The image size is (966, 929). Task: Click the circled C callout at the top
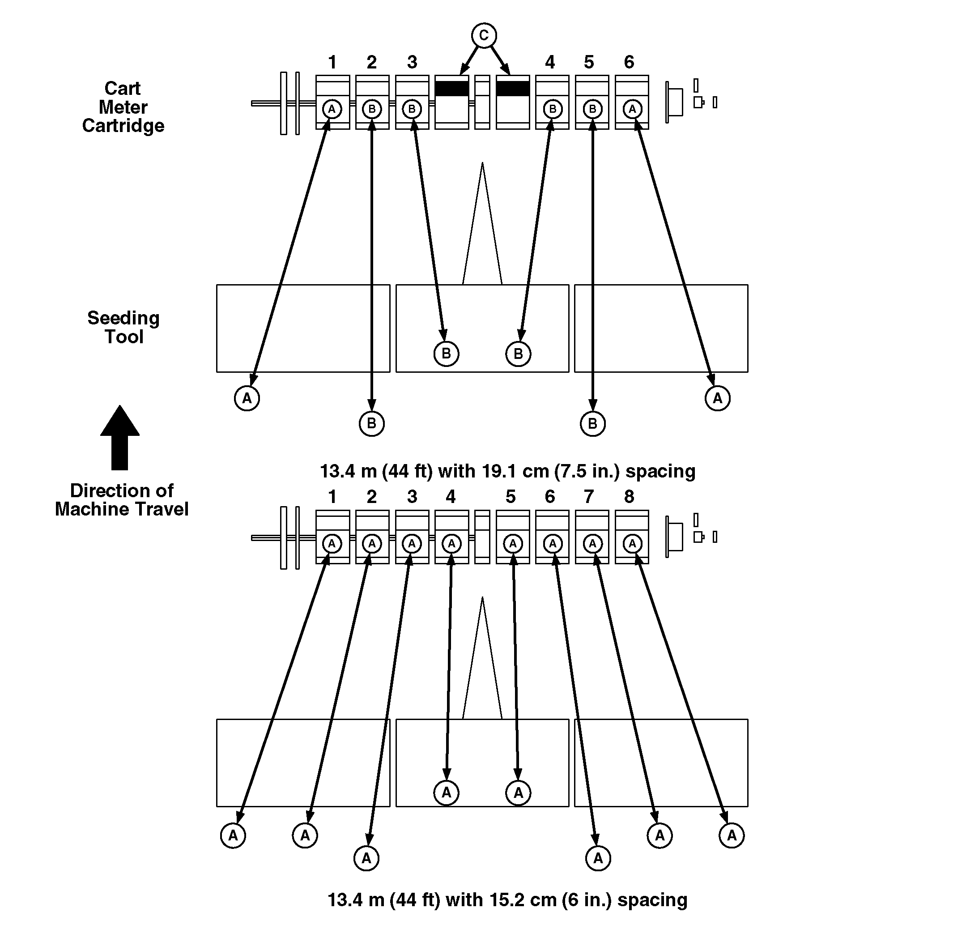click(x=484, y=35)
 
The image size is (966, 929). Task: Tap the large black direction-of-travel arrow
click(x=120, y=439)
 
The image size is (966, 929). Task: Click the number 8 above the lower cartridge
click(x=629, y=496)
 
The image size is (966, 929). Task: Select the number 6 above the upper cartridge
click(x=629, y=62)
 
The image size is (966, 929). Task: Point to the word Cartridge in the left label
click(x=123, y=126)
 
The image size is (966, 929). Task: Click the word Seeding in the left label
click(x=123, y=318)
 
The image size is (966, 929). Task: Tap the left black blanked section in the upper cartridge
click(x=451, y=89)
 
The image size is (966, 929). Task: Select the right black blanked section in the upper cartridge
click(x=513, y=89)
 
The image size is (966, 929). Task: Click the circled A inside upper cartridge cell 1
click(x=332, y=109)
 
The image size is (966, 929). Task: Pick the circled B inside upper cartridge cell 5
click(x=592, y=109)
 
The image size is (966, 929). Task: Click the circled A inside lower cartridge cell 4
click(x=451, y=544)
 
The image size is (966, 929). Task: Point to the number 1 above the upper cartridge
click(x=332, y=62)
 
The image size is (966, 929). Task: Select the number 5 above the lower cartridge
click(x=511, y=496)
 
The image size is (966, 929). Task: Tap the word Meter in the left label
click(x=123, y=107)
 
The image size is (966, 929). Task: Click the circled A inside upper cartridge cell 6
click(x=632, y=109)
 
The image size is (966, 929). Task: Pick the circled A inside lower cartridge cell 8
click(x=632, y=544)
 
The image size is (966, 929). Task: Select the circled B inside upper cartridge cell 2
click(x=372, y=109)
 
